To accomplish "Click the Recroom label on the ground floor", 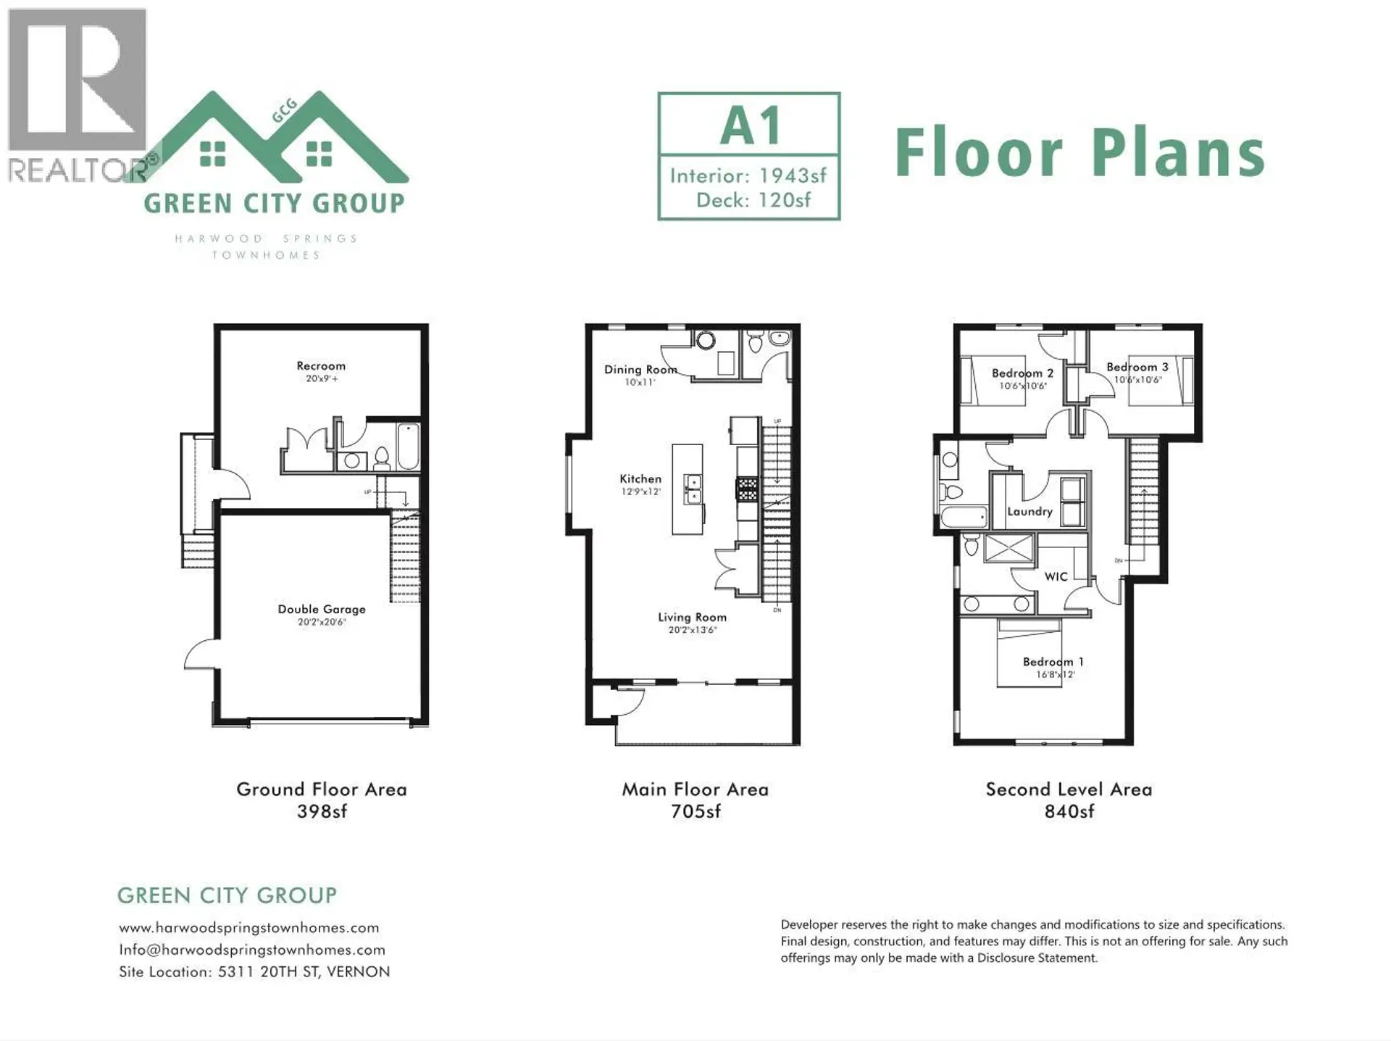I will click(321, 366).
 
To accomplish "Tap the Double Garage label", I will click(322, 609).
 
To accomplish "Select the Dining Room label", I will click(640, 370).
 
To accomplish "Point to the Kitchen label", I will click(640, 478).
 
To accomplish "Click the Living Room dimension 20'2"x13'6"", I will click(692, 631).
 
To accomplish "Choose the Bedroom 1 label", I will click(1053, 661).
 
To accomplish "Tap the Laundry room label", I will click(1029, 511).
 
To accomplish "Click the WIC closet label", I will click(1056, 576).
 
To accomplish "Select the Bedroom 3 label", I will click(1137, 367).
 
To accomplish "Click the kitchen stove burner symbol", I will click(748, 489).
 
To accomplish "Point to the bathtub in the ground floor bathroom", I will click(408, 447).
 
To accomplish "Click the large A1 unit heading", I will click(750, 126).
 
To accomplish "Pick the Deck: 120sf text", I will click(753, 200).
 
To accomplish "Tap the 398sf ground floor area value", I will click(322, 811).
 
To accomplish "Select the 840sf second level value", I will click(1069, 811).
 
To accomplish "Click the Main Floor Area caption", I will click(695, 789).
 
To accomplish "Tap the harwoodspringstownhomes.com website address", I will click(248, 928).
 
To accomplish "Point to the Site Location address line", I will click(254, 971).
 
